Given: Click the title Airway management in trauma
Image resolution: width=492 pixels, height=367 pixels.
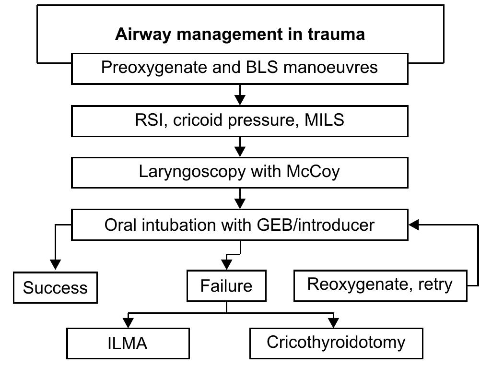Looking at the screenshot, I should click(240, 35).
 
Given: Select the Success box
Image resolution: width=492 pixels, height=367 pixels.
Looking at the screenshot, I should click(55, 288).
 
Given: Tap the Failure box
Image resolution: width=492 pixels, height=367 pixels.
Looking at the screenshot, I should click(226, 286).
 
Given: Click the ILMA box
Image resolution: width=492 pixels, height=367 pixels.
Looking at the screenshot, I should click(128, 343).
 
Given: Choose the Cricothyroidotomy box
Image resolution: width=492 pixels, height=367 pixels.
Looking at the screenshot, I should click(336, 343).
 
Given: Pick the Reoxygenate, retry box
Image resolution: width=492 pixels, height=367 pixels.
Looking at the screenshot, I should click(380, 284).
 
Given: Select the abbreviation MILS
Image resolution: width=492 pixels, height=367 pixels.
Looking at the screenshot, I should click(324, 120).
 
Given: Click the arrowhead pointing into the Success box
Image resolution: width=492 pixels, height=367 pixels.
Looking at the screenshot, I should click(56, 264).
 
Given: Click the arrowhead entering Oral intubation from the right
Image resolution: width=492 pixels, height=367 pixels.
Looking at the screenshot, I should click(414, 225).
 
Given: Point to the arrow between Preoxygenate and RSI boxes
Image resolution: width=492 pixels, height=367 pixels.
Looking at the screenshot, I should click(240, 95).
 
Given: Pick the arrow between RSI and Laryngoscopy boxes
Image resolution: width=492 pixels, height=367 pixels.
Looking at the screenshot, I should click(240, 147).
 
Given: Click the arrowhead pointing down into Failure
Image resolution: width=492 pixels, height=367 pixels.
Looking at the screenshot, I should click(226, 264).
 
